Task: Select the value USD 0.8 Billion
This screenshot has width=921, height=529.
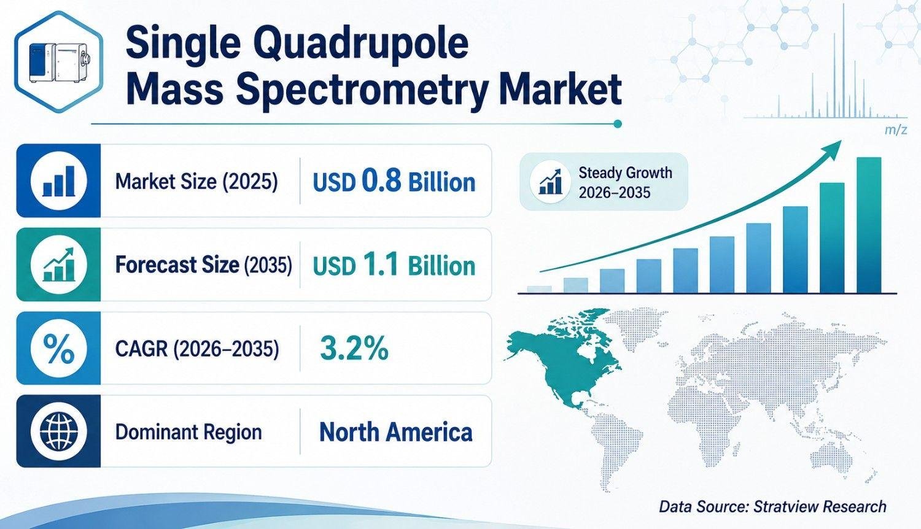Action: [x=394, y=182]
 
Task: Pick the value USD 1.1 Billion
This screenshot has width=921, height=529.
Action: [x=394, y=265]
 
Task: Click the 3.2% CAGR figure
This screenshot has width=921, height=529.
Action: [x=354, y=349]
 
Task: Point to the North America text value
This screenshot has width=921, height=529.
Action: [x=396, y=432]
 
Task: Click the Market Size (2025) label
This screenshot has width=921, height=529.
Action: [x=196, y=181]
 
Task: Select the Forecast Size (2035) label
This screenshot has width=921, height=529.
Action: [x=203, y=264]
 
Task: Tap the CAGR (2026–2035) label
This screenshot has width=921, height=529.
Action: [x=197, y=349]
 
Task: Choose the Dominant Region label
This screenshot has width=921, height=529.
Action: [x=188, y=433]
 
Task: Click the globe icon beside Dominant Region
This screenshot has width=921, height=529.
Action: [x=59, y=431]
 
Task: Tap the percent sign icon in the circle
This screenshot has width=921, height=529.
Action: [x=59, y=349]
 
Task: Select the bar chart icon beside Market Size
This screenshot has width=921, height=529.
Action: [x=59, y=181]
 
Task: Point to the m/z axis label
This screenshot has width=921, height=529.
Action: [x=895, y=131]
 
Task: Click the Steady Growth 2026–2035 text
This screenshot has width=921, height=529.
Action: [x=626, y=182]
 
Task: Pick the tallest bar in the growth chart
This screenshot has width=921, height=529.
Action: [x=869, y=225]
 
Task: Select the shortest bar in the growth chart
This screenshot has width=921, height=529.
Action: [x=539, y=290]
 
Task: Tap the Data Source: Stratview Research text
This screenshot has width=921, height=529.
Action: [x=772, y=506]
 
